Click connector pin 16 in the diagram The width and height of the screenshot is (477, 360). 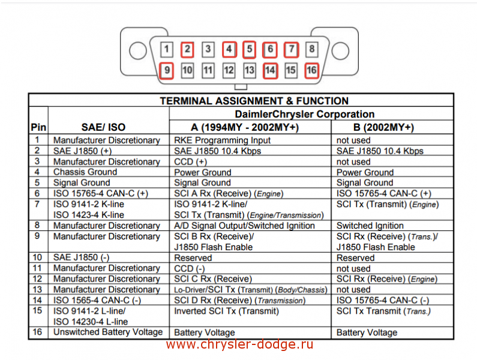[x=311, y=70]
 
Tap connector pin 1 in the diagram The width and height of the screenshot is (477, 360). [x=167, y=49]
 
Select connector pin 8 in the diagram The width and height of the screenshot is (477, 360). [x=311, y=49]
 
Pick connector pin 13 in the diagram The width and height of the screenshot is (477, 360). [x=250, y=70]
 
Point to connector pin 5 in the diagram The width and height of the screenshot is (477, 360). [x=249, y=49]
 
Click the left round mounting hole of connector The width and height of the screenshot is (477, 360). [x=138, y=51]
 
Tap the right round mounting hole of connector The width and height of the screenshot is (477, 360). [x=341, y=51]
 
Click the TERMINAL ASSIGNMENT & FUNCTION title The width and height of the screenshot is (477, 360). [x=254, y=101]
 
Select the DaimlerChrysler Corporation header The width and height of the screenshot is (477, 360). [x=304, y=114]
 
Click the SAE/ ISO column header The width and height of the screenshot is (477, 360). [x=103, y=127]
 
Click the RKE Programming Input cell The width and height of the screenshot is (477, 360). [x=223, y=140]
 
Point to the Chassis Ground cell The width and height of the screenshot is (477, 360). [x=85, y=172]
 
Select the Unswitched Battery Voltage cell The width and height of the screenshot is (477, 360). [x=108, y=332]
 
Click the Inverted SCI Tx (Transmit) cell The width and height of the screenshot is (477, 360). [x=226, y=311]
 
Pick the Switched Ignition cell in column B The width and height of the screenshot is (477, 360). [x=370, y=226]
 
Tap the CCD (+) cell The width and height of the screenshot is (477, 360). [x=190, y=161]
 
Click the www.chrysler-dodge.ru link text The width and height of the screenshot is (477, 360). [x=239, y=344]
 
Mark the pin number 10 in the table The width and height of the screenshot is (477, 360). [x=37, y=257]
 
